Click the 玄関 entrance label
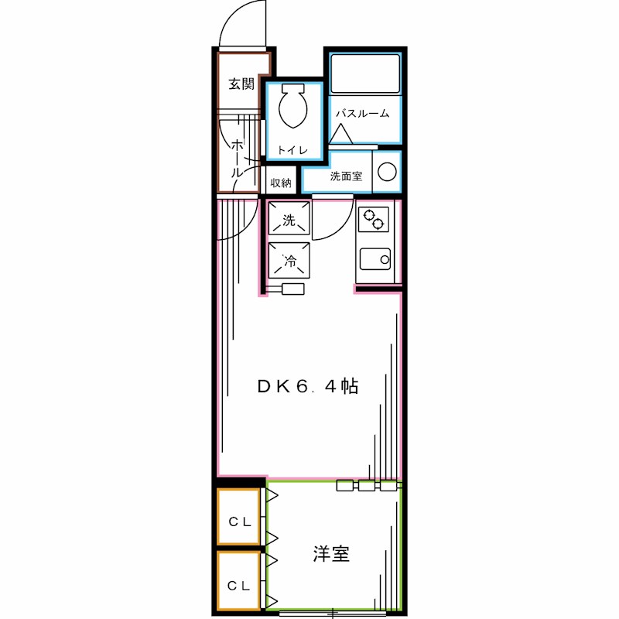(x=241, y=84)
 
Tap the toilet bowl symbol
(x=292, y=108)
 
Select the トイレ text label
(x=293, y=149)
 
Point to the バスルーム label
(x=361, y=114)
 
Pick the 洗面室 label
(x=346, y=176)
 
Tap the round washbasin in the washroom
(x=386, y=171)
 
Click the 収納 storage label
(x=281, y=183)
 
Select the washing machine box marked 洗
(x=289, y=220)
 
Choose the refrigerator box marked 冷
(x=289, y=261)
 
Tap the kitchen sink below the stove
(x=375, y=259)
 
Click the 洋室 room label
(x=331, y=554)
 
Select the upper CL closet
(x=238, y=520)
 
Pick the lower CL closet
(x=238, y=584)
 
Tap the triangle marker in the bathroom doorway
(x=341, y=135)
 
